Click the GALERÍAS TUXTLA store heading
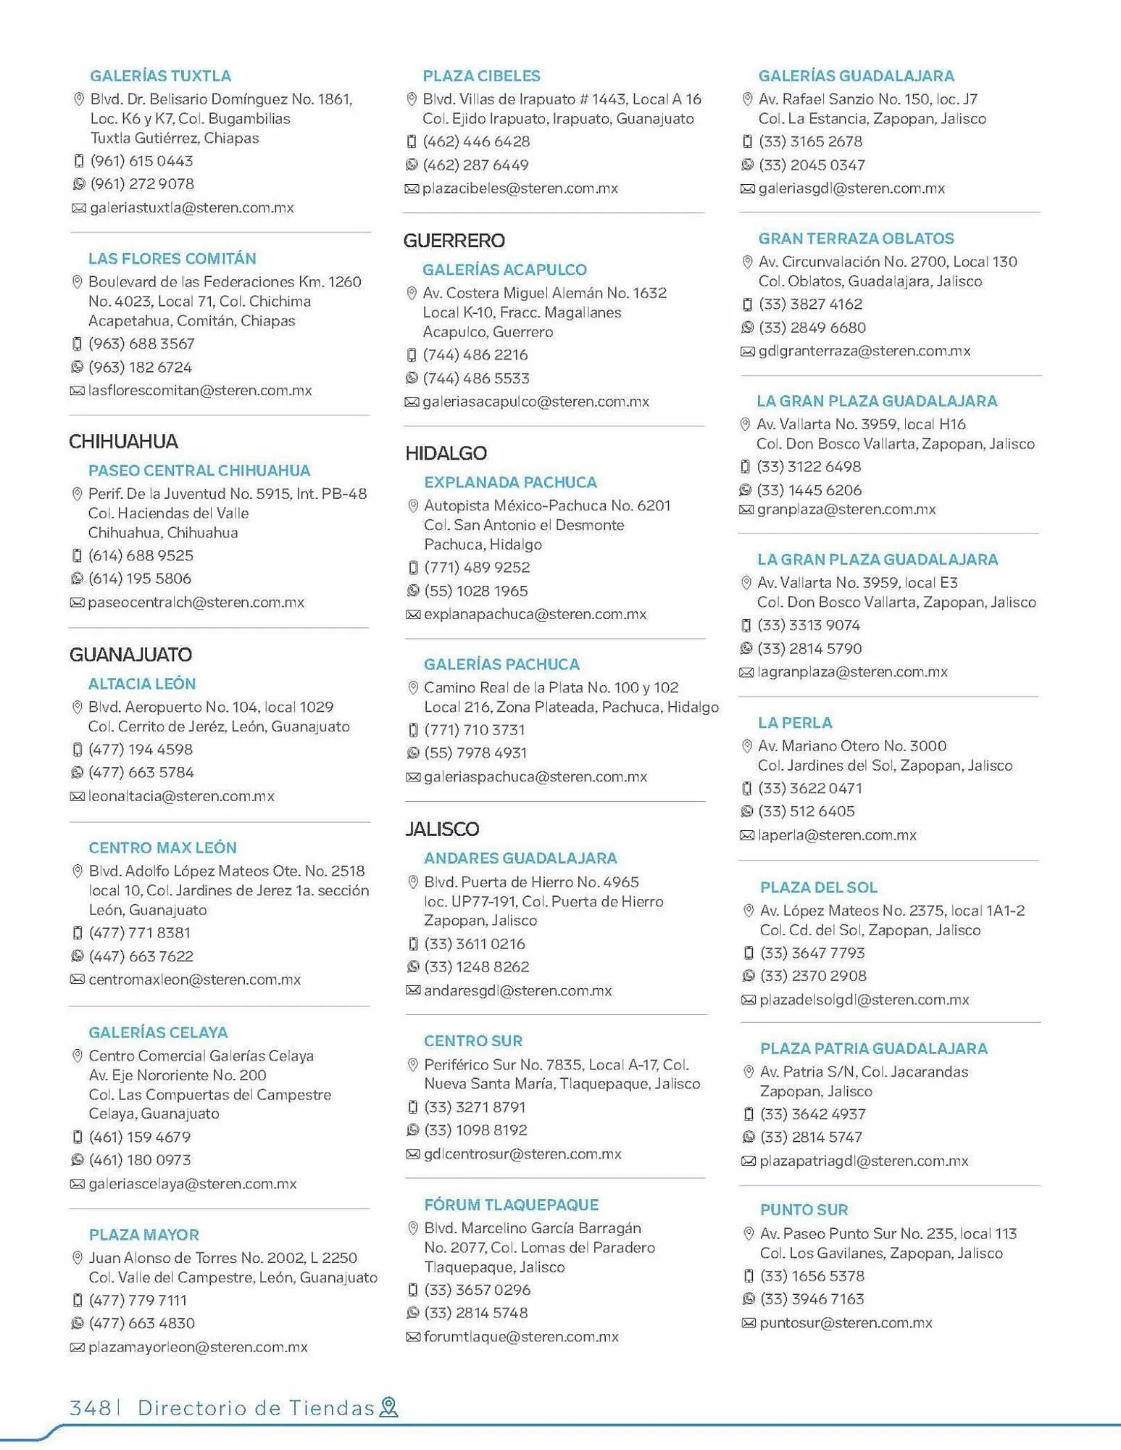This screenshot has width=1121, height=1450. pos(160,76)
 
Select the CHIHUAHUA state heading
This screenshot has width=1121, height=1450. pos(123,442)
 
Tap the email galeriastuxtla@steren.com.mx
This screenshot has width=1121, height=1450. pos(191,208)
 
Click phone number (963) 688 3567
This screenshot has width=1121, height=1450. pos(141,344)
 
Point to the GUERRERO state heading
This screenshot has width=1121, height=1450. pos(454,241)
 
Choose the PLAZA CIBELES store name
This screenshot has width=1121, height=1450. pos(481,76)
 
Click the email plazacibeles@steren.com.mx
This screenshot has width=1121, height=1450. pos(520,188)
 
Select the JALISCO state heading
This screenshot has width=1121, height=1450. pos(442,829)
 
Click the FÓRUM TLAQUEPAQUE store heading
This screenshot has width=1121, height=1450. pos(511,1205)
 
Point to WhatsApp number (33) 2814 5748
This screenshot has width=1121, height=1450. pos(475,1313)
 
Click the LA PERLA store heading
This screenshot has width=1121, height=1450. pos(795,723)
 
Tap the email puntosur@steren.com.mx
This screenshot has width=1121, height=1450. pos(846,1323)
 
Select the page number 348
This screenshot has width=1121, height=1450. pos(89,1408)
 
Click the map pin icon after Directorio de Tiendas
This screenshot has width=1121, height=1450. pos(389,1407)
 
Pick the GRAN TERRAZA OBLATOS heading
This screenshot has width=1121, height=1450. pos(856,239)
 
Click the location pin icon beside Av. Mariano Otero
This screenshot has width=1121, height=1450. pos(746,746)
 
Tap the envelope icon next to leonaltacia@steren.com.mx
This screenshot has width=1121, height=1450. pos(77,797)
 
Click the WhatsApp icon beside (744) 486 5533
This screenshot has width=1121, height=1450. pos(412,378)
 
